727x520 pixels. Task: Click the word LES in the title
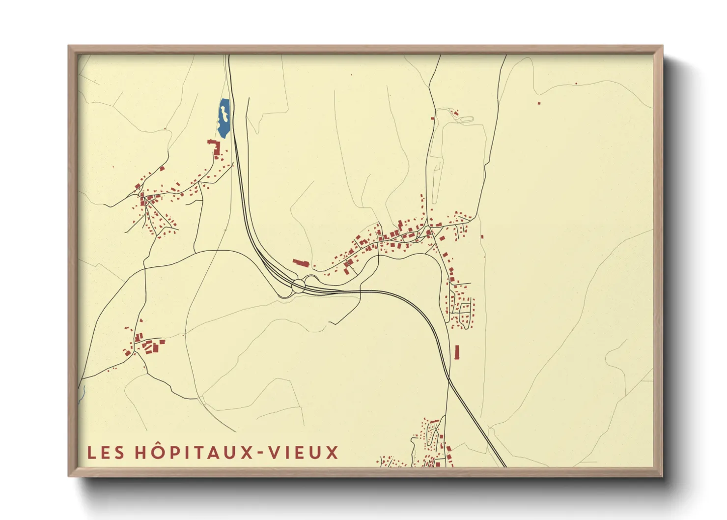click(105, 453)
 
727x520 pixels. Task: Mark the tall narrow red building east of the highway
click(457, 352)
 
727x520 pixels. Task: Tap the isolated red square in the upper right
click(539, 103)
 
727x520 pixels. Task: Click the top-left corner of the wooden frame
click(69, 47)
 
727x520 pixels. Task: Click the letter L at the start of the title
click(91, 453)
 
